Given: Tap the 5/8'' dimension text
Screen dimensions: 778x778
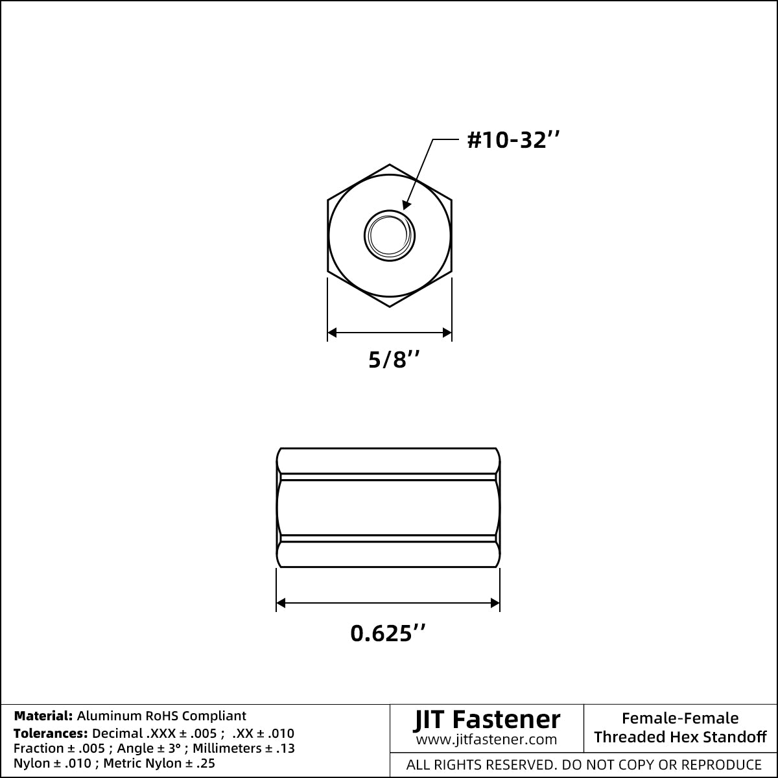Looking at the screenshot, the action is tap(394, 359).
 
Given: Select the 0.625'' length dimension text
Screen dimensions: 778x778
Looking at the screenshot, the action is tap(388, 633).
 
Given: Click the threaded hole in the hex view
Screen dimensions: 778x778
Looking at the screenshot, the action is tap(390, 235).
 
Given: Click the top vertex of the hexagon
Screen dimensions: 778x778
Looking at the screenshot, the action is tap(390, 164).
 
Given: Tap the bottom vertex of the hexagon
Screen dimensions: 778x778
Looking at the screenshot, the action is tap(390, 307).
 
